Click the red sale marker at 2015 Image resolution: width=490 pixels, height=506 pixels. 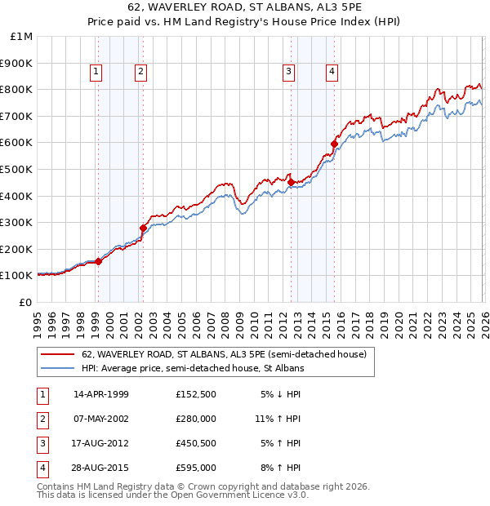pyautogui.click(x=334, y=144)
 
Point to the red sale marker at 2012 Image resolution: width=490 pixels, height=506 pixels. pyautogui.click(x=291, y=182)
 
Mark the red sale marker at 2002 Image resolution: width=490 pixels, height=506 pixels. pyautogui.click(x=143, y=228)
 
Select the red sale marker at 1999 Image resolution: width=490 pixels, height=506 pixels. pyautogui.click(x=98, y=261)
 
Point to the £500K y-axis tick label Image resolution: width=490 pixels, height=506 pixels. pyautogui.click(x=17, y=170)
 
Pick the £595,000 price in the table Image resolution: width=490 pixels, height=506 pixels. pyautogui.click(x=195, y=468)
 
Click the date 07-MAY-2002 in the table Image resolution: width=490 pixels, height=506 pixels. pyautogui.click(x=101, y=419)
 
